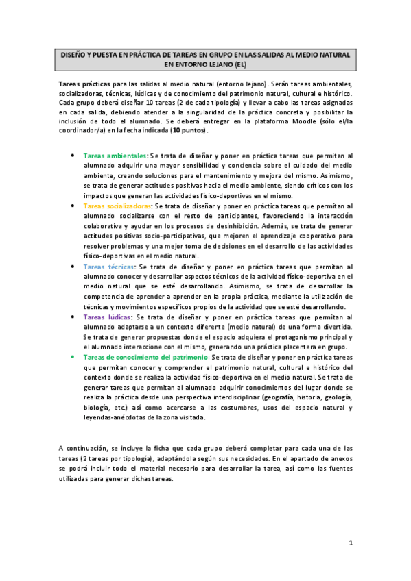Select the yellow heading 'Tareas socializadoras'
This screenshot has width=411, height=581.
tap(118, 205)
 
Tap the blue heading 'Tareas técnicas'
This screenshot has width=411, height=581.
tap(108, 267)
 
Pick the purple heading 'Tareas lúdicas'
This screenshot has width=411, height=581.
tap(106, 318)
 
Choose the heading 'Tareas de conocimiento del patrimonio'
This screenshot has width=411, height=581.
tap(146, 358)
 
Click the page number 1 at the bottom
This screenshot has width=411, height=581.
tap(350, 543)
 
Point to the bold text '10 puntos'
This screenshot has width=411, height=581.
tap(189, 130)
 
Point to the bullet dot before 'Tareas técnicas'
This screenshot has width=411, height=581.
tap(73, 267)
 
